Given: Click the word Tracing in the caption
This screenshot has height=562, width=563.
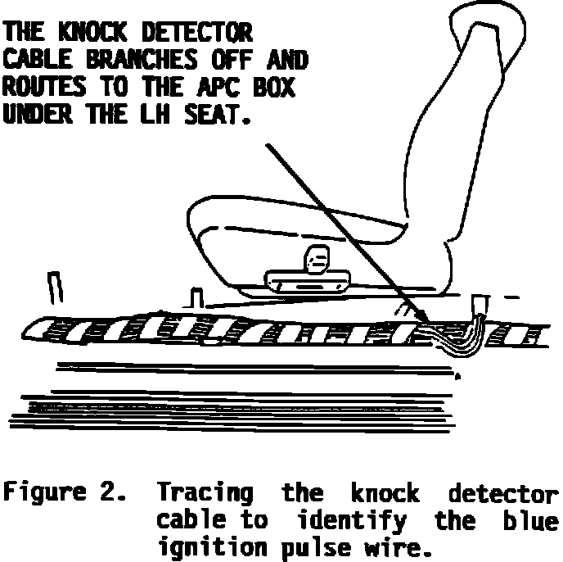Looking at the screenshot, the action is (205, 494).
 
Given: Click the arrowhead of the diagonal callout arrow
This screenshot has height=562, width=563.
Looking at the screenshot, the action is (422, 318).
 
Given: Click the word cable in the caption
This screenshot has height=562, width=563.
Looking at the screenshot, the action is (187, 520).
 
